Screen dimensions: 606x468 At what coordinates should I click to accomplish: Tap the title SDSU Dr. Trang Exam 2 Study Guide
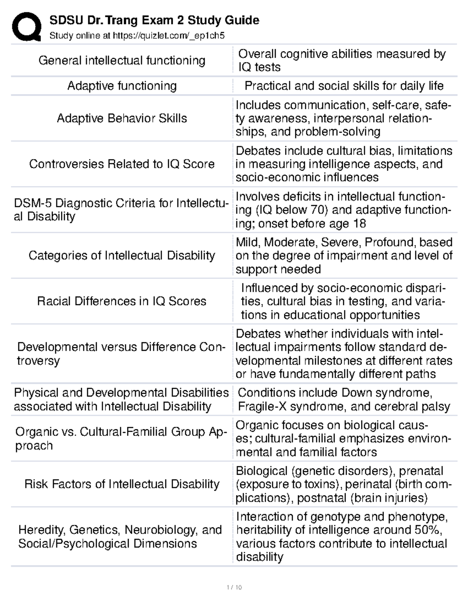click(x=154, y=20)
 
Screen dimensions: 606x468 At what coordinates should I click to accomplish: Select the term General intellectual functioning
click(x=122, y=60)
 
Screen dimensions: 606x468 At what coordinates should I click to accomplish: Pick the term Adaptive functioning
click(x=122, y=86)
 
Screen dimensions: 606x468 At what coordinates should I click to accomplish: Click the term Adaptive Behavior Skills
click(x=122, y=118)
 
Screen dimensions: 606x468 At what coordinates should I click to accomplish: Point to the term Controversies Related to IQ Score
click(x=122, y=164)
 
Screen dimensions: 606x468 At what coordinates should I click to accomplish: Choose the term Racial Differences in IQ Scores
click(x=122, y=301)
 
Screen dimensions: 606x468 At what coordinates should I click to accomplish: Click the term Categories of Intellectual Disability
click(x=122, y=256)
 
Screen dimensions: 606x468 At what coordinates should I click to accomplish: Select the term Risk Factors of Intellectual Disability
click(x=122, y=484)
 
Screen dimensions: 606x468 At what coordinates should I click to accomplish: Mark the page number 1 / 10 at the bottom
click(x=234, y=587)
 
